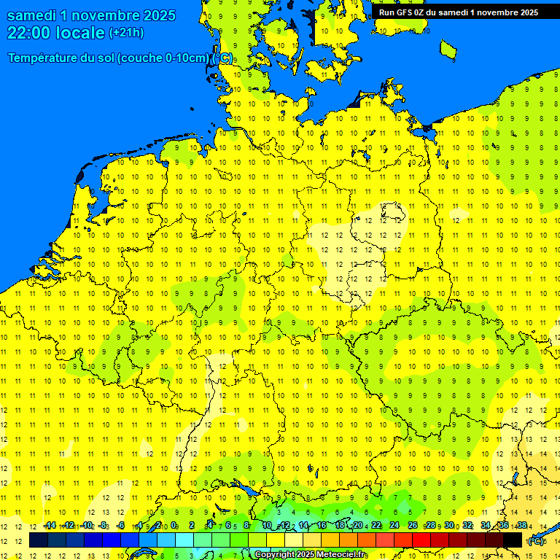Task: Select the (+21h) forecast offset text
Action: [x=126, y=33]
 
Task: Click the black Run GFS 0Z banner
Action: [x=458, y=12]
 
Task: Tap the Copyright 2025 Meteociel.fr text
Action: [x=311, y=555]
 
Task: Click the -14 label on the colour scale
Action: [x=50, y=526]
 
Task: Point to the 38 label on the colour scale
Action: [x=521, y=526]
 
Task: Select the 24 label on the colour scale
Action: [x=394, y=526]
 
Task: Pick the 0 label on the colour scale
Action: [x=175, y=526]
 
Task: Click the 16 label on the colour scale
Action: [x=322, y=526]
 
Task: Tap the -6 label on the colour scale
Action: [x=121, y=526]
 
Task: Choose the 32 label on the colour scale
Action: [x=467, y=526]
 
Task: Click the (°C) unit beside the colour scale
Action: [x=536, y=541]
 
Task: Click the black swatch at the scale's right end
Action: [x=513, y=540]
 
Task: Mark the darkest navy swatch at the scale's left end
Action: [x=39, y=540]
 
